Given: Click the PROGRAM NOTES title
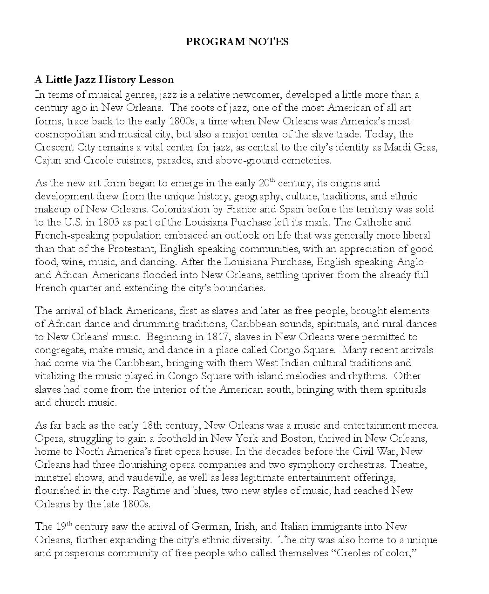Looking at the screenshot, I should [x=237, y=42].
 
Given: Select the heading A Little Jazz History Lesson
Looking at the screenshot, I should [x=104, y=80].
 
